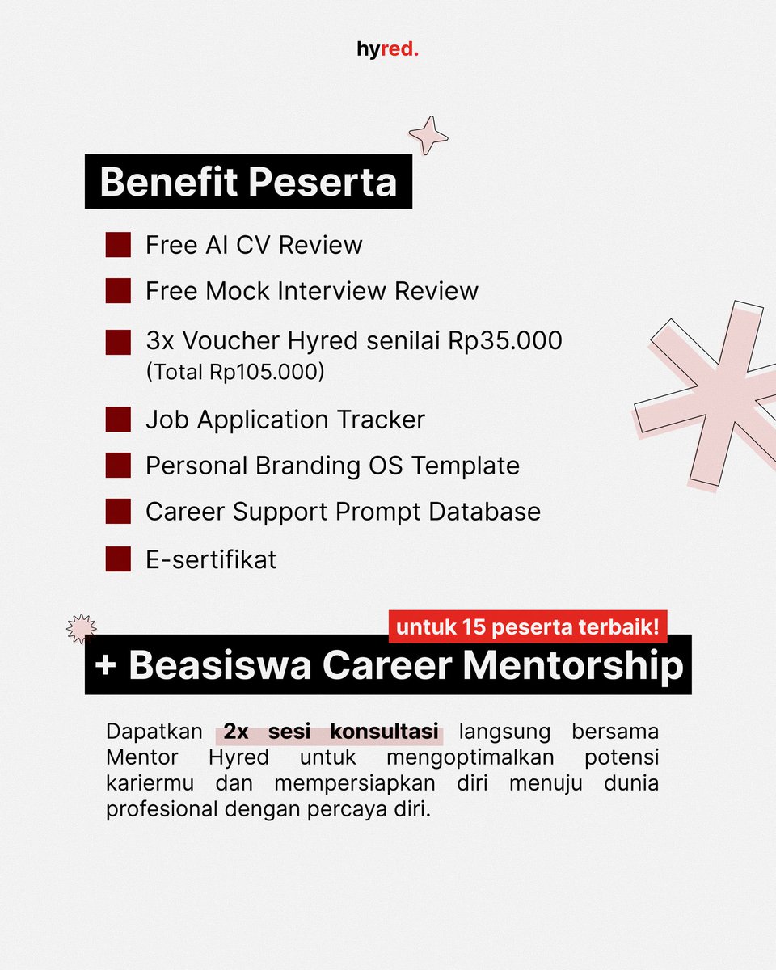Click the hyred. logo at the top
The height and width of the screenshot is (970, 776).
pyautogui.click(x=388, y=50)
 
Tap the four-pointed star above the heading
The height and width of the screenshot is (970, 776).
pyautogui.click(x=428, y=135)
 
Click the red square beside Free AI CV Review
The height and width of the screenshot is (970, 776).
pyautogui.click(x=118, y=246)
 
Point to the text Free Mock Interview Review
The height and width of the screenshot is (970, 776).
pyautogui.click(x=311, y=291)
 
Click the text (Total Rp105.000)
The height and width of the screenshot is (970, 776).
pyautogui.click(x=234, y=373)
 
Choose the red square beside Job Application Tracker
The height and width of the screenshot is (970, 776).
pyautogui.click(x=118, y=420)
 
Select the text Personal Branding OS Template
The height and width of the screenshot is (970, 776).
pyautogui.click(x=332, y=466)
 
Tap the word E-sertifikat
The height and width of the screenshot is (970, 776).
pyautogui.click(x=211, y=559)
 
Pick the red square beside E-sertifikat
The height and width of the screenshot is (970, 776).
pyautogui.click(x=118, y=559)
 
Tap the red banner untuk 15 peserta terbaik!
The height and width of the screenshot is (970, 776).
pyautogui.click(x=528, y=626)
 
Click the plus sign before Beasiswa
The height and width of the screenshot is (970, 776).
pyautogui.click(x=105, y=666)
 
